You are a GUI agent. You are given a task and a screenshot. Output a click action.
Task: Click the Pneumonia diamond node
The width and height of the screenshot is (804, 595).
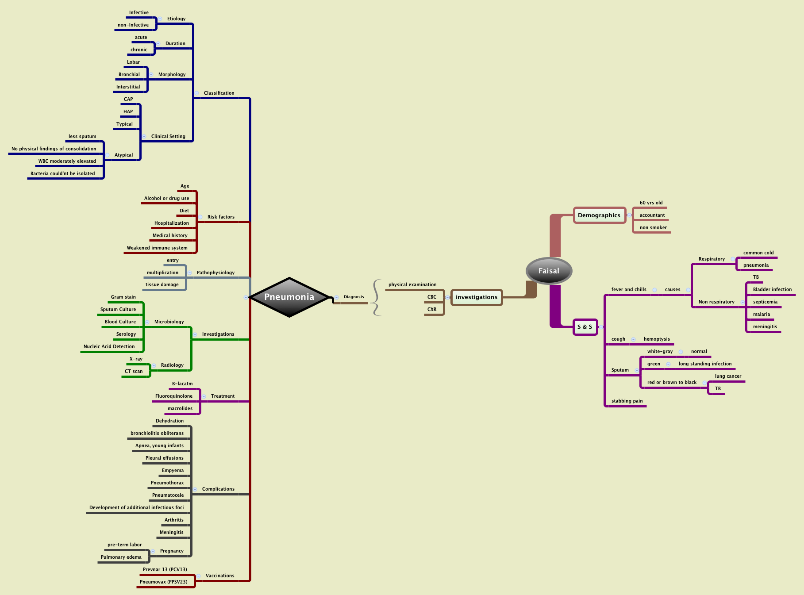pyautogui.click(x=289, y=297)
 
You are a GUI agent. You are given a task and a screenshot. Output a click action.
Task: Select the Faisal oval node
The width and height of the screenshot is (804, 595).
pyautogui.click(x=549, y=271)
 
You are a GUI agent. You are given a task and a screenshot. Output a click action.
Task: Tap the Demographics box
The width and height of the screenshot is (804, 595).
pyautogui.click(x=599, y=215)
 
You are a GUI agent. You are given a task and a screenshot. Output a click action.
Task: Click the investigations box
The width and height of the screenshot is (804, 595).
pyautogui.click(x=477, y=297)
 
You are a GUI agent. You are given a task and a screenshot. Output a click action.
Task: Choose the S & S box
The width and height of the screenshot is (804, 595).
pyautogui.click(x=585, y=327)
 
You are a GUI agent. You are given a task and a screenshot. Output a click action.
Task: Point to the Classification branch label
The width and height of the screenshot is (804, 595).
pyautogui.click(x=219, y=93)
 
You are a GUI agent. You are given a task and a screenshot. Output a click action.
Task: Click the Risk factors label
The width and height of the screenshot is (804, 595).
pyautogui.click(x=221, y=217)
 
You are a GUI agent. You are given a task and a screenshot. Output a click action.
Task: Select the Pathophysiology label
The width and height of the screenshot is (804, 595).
pyautogui.click(x=215, y=273)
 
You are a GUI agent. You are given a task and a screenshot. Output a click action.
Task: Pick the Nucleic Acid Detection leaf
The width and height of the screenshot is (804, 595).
pyautogui.click(x=109, y=346)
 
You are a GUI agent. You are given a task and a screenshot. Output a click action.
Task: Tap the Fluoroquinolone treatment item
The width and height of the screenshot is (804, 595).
pyautogui.click(x=174, y=396)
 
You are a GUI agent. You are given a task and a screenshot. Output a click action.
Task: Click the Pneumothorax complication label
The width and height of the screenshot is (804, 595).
pyautogui.click(x=167, y=483)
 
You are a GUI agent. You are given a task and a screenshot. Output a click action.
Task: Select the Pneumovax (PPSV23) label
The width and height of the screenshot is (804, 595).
pyautogui.click(x=164, y=582)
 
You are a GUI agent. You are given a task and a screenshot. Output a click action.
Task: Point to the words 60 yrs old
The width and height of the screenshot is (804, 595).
pyautogui.click(x=651, y=203)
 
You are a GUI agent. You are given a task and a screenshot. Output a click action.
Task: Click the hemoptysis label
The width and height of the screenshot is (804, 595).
pyautogui.click(x=657, y=339)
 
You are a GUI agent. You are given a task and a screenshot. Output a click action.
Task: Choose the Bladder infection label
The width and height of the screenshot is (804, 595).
pyautogui.click(x=772, y=289)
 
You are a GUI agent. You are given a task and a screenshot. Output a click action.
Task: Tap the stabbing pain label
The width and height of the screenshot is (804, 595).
pyautogui.click(x=627, y=401)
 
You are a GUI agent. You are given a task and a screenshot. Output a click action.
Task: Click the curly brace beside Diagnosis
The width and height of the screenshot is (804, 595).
pyautogui.click(x=376, y=297)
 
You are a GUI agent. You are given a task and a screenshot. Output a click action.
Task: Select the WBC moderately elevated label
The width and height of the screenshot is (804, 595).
pyautogui.click(x=67, y=161)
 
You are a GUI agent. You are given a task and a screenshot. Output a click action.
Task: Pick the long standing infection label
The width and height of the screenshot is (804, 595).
pyautogui.click(x=705, y=364)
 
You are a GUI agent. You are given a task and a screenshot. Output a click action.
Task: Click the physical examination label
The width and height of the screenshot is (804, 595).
pyautogui.click(x=412, y=284)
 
